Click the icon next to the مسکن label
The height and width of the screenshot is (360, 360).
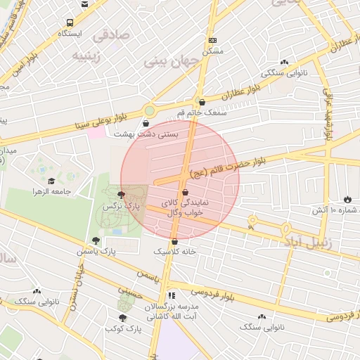tap(212, 40)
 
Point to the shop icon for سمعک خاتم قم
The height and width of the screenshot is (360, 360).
tap(202, 102)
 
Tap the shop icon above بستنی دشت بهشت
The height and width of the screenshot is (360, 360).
tap(145, 123)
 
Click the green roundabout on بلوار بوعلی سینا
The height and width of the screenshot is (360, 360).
tap(149, 110)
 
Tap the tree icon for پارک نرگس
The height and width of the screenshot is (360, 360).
tap(121, 195)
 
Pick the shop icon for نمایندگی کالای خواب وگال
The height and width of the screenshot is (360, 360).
tap(185, 191)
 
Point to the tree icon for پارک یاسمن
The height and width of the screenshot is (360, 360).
tap(96, 240)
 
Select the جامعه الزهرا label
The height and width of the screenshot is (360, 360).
tap(47, 192)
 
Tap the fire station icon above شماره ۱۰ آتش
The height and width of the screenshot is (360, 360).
tap(347, 198)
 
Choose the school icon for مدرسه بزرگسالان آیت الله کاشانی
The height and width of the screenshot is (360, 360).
tap(171, 296)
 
